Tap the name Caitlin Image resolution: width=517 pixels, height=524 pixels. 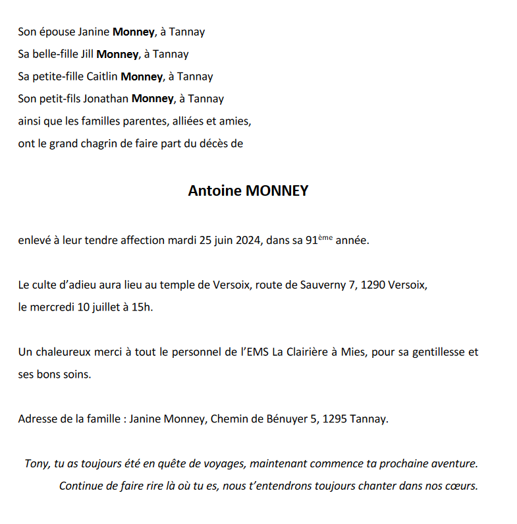[102, 76]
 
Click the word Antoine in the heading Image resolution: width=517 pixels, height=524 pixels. [215, 191]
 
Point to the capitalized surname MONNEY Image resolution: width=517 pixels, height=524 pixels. [277, 191]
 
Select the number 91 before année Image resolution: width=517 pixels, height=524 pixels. [312, 241]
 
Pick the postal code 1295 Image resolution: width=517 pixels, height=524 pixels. [335, 419]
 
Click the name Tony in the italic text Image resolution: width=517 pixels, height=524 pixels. [37, 463]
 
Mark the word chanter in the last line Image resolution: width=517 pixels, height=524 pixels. [371, 486]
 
